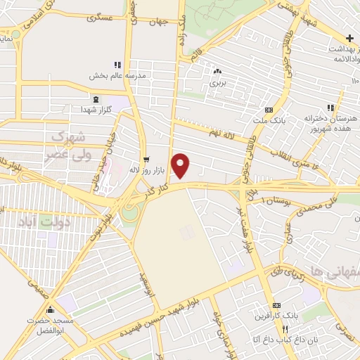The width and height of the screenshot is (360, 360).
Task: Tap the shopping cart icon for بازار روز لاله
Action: [x=146, y=160]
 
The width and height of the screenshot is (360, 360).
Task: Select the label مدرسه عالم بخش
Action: [x=117, y=75]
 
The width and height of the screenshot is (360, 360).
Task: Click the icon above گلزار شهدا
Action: [x=96, y=98]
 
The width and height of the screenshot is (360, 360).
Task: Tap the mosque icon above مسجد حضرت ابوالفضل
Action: [x=50, y=309]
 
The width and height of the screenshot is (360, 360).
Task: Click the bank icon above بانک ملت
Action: [x=269, y=110]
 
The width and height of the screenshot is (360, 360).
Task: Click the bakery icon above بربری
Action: [x=217, y=71]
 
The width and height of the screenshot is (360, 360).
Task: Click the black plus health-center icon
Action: [x=350, y=37]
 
